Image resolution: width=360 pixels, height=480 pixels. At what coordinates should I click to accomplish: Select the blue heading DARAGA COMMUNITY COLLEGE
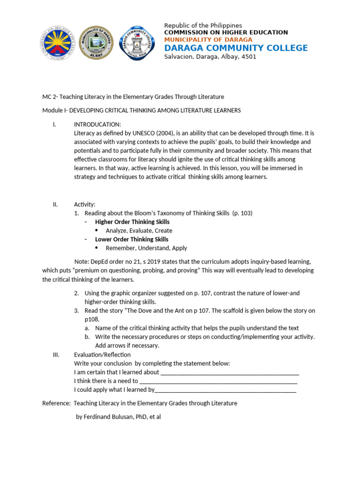236,48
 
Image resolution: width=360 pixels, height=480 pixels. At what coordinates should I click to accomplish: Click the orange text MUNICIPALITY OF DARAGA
208,40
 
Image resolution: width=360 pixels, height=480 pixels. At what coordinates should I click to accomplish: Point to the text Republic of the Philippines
203,25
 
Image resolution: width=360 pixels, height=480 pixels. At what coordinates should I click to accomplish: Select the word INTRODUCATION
97,124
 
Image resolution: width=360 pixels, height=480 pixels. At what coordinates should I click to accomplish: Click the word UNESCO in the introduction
146,133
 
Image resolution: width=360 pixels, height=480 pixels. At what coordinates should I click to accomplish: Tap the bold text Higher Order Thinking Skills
132,222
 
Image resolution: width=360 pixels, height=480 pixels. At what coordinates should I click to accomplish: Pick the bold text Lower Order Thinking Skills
132,239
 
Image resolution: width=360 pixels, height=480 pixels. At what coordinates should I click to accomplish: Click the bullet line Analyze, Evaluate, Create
139,231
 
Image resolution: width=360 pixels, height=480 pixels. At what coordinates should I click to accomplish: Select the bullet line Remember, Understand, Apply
146,248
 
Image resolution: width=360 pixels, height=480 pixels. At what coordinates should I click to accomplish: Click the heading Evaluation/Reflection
102,354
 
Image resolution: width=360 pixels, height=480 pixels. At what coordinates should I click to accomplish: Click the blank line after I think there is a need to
218,381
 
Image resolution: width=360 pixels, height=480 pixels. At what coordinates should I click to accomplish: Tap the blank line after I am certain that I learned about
230,372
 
